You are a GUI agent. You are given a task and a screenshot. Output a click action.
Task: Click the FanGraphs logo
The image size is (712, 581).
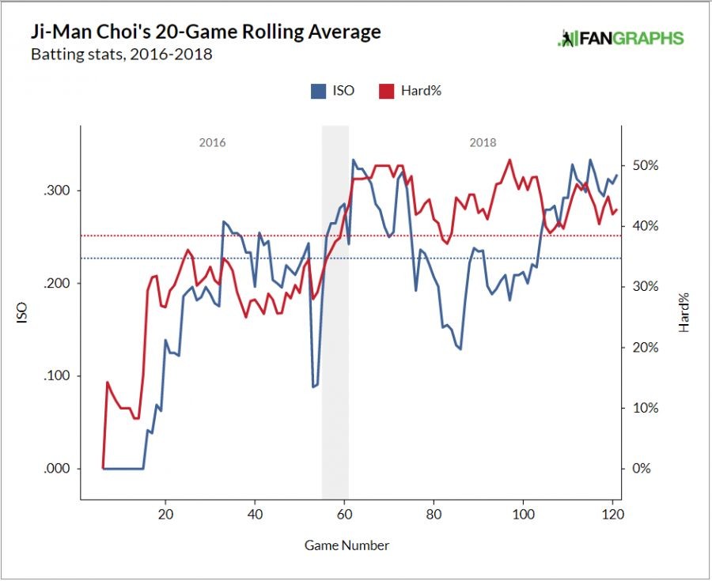click(x=620, y=38)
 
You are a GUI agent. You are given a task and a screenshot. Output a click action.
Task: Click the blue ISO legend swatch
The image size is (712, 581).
click(x=319, y=91)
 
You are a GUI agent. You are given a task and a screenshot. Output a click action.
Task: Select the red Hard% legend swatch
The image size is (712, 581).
click(x=388, y=91)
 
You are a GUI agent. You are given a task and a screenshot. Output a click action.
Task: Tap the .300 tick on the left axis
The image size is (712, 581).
click(x=57, y=191)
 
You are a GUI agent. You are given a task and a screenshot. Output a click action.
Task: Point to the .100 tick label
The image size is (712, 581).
click(x=57, y=375)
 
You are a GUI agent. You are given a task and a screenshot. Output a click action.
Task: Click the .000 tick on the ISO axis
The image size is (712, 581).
click(x=57, y=468)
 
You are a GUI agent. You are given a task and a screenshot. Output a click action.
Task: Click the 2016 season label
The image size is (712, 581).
click(x=212, y=143)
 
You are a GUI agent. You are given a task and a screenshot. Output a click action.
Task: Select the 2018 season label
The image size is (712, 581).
click(x=483, y=143)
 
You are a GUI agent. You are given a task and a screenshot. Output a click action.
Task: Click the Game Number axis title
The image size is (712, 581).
click(x=347, y=545)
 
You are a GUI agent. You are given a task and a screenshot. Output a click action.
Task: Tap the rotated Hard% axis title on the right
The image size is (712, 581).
click(x=684, y=311)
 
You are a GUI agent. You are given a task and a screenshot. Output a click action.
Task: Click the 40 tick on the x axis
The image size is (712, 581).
click(x=255, y=513)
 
